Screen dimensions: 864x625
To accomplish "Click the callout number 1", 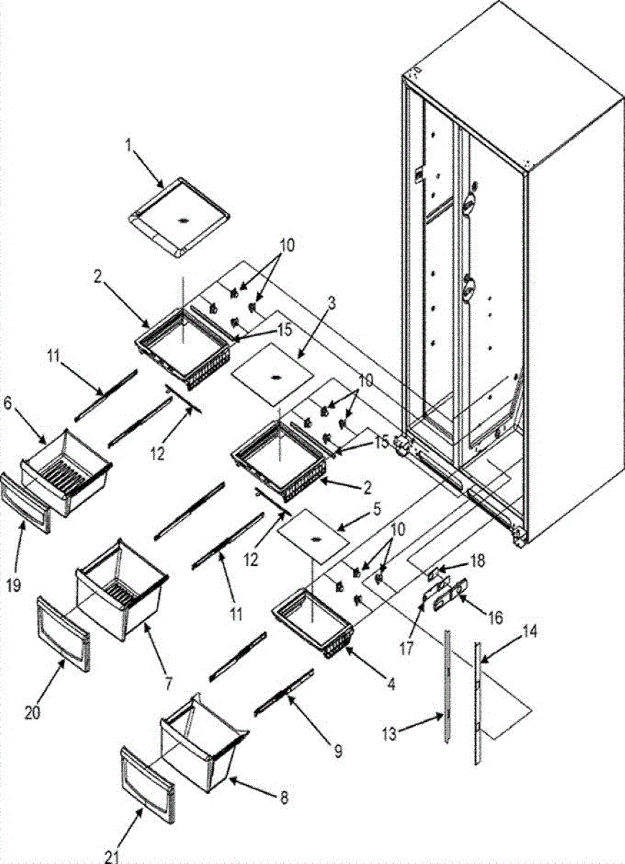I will click(x=128, y=146).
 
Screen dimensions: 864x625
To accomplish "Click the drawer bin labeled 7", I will click(x=119, y=589).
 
